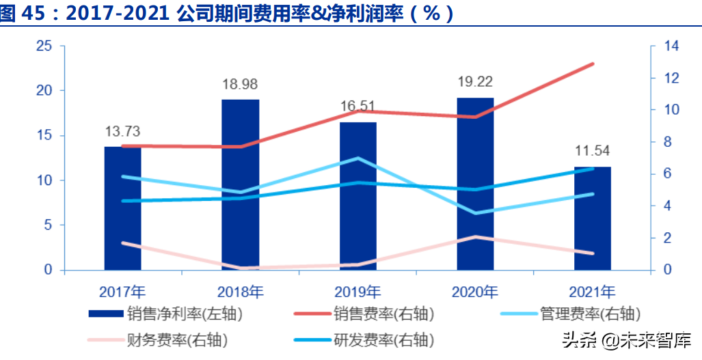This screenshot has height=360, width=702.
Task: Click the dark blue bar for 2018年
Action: pyautogui.click(x=240, y=184)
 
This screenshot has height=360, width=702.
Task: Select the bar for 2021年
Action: pyautogui.click(x=593, y=219)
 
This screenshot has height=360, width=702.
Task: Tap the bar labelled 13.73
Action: pyautogui.click(x=122, y=208)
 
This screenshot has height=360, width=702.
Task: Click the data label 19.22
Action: pyautogui.click(x=475, y=82)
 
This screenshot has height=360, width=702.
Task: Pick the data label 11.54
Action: pyautogui.click(x=593, y=151)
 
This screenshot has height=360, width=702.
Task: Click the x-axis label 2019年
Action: pyautogui.click(x=357, y=292)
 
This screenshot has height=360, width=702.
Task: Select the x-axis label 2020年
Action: pyautogui.click(x=475, y=292)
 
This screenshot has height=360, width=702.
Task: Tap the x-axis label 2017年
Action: pyautogui.click(x=122, y=292)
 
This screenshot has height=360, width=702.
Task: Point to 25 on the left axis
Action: pyautogui.click(x=44, y=46)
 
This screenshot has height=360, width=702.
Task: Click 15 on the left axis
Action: pyautogui.click(x=44, y=135)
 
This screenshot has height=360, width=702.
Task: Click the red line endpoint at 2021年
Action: pyautogui.click(x=593, y=64)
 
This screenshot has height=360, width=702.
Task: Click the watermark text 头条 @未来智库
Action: pyautogui.click(x=625, y=340)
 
